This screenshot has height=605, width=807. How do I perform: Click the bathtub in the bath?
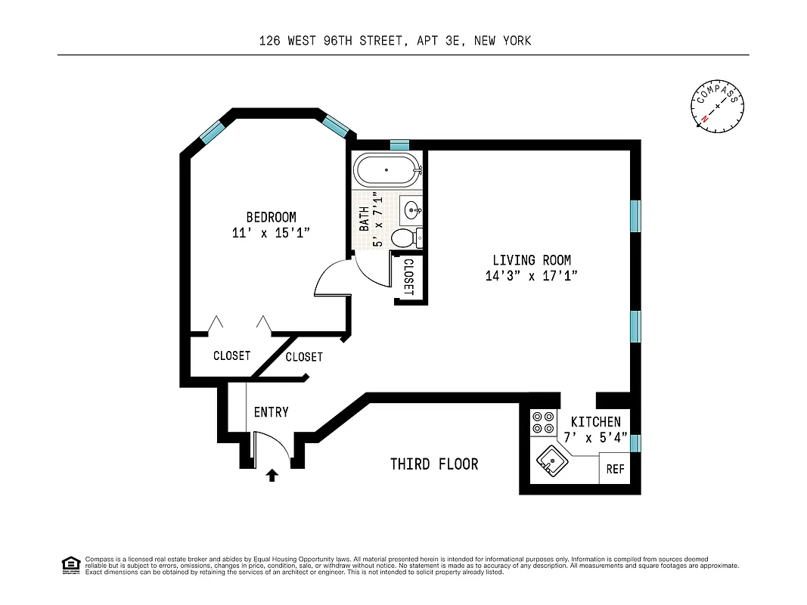pos(386,170)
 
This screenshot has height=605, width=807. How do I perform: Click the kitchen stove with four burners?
pos(542,421)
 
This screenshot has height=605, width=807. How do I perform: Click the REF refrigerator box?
pos(615,469)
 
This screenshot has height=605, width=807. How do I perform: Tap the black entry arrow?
pos(273,475)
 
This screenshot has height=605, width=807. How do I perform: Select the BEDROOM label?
pos(271,217)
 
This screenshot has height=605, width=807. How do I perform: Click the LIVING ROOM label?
pos(532,260)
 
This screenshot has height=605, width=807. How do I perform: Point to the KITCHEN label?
pos(595,422)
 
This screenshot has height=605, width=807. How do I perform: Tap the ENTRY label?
pos(271,412)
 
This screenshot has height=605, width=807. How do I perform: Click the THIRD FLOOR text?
pos(434,464)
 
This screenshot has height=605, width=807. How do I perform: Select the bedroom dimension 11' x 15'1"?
pos(271,234)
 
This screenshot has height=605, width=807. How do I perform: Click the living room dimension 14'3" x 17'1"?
pos(532,277)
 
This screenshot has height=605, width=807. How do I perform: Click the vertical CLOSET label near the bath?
pos(409,277)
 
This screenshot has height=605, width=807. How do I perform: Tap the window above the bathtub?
pos(399,144)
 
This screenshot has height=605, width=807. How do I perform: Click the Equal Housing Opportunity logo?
pos(70,565)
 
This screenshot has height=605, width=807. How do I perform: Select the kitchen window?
pos(636,443)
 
